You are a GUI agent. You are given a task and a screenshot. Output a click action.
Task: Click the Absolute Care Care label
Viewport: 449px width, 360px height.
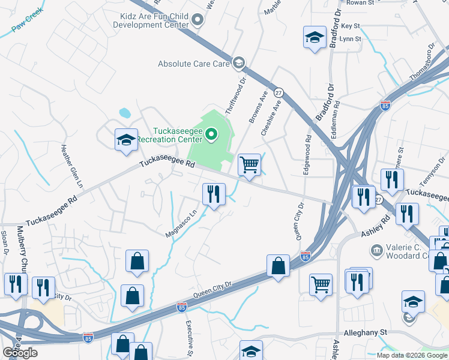[194, 63]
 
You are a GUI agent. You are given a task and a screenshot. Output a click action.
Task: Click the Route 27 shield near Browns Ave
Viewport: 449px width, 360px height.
[278, 93]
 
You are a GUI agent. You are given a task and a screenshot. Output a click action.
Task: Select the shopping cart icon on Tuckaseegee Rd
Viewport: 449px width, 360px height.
[249, 164]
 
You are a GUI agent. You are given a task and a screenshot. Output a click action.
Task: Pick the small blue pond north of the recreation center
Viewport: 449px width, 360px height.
[125, 112]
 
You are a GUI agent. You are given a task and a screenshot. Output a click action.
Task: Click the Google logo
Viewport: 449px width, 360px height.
[20, 353]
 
